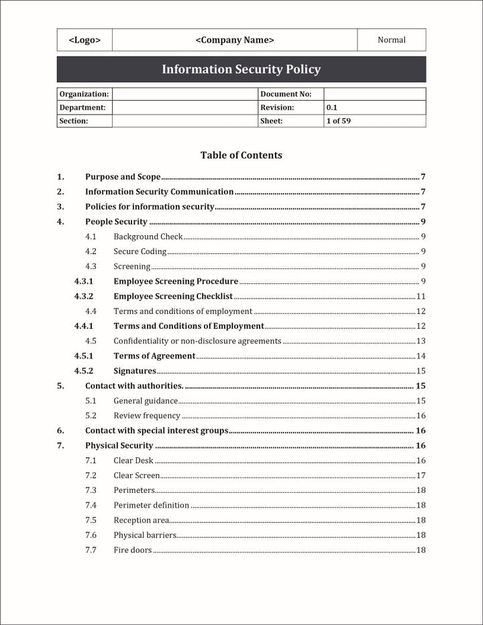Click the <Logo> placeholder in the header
click(85, 40)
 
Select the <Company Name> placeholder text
click(235, 40)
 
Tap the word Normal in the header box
click(391, 40)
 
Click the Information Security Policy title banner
click(241, 70)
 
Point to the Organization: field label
click(84, 95)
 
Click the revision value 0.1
click(332, 107)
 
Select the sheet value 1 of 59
click(339, 121)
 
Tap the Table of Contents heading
click(241, 156)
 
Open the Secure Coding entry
click(140, 251)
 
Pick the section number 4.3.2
click(83, 296)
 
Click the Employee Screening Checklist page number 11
click(421, 296)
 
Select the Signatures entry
click(134, 371)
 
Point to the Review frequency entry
click(146, 416)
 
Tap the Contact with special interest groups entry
click(156, 431)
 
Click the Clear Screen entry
click(136, 475)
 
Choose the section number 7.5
click(91, 520)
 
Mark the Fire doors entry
click(132, 551)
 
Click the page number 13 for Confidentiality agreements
click(421, 341)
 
